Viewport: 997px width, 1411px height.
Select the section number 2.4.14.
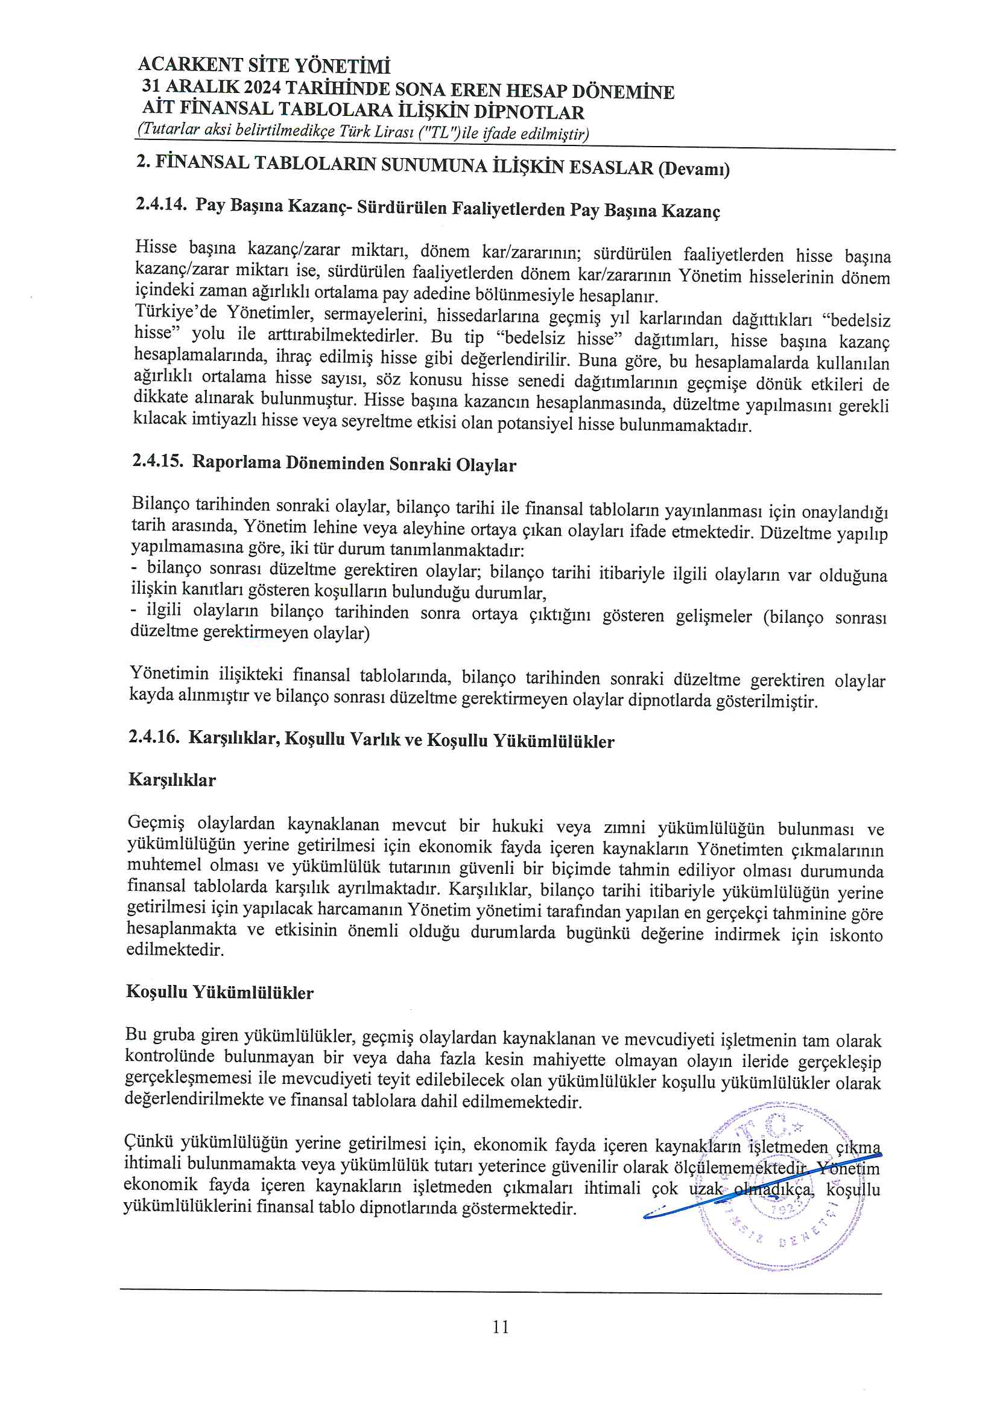click(x=161, y=204)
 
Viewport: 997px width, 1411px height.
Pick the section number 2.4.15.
click(x=158, y=461)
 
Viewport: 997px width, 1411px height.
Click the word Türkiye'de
click(x=176, y=313)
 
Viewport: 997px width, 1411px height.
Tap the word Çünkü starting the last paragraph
click(x=148, y=1142)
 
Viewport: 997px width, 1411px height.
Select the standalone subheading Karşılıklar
click(x=172, y=780)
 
